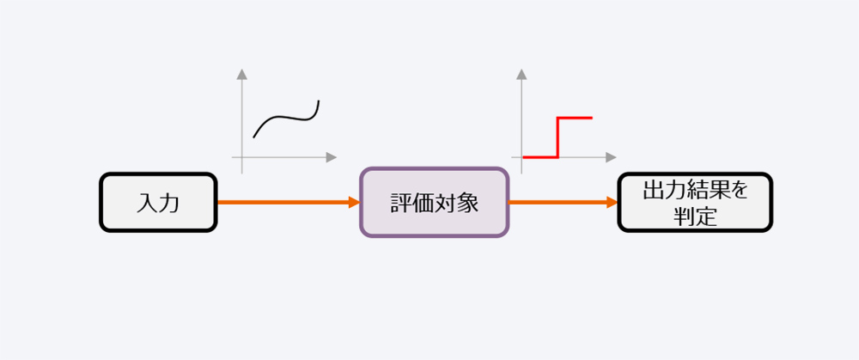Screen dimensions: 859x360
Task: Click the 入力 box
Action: coord(158,202)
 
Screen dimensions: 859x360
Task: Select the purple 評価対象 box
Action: coord(435,202)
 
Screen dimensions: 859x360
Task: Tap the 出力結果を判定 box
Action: coord(695,202)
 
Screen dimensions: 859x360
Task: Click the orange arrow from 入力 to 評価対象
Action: coord(289,202)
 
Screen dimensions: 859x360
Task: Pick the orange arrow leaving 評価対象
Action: coord(564,202)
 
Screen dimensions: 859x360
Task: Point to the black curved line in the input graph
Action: coord(285,117)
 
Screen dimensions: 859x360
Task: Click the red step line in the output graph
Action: coord(557,137)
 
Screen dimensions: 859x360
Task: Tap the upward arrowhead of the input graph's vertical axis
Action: coord(241,75)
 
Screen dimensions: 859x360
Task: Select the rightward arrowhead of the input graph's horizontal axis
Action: coord(331,157)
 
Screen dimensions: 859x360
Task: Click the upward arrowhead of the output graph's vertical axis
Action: coord(521,75)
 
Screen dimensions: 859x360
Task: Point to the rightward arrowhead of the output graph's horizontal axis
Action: coord(611,157)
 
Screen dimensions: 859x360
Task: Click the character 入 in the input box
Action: coord(147,204)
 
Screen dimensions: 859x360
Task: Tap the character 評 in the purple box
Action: coord(401,204)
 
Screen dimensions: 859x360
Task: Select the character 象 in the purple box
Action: coord(468,204)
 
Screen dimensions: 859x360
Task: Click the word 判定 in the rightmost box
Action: coord(695,217)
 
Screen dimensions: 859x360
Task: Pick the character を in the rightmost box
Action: coord(739,191)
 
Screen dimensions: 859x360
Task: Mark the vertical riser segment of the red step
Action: coord(557,137)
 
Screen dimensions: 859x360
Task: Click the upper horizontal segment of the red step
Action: coord(575,117)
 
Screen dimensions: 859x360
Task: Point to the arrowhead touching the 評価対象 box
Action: coord(355,202)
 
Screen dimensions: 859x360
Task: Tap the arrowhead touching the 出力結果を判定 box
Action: coord(612,202)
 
